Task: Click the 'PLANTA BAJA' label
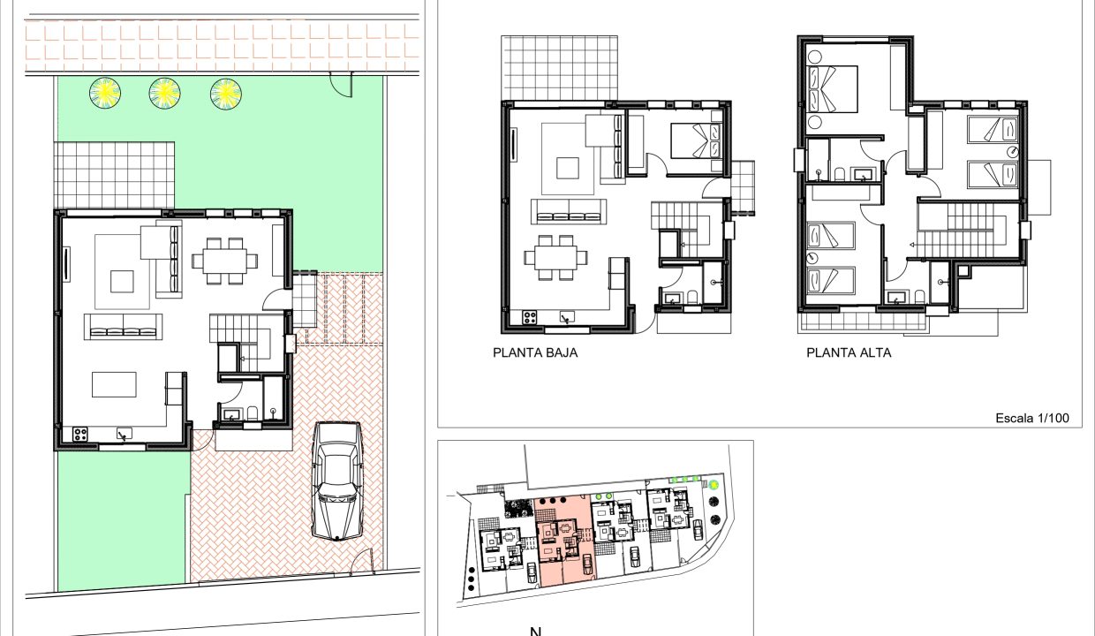pyautogui.click(x=535, y=353)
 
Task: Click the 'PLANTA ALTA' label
pyautogui.click(x=849, y=353)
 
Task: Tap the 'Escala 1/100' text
pyautogui.click(x=1032, y=418)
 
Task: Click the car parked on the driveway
pyautogui.click(x=336, y=481)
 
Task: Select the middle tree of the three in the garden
pyautogui.click(x=165, y=93)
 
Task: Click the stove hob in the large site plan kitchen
pyautogui.click(x=80, y=434)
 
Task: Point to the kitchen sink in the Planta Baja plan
pyautogui.click(x=567, y=317)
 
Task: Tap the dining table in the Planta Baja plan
pyautogui.click(x=555, y=258)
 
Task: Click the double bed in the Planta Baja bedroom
pyautogui.click(x=697, y=140)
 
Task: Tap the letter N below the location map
pyautogui.click(x=535, y=631)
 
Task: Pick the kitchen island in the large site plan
pyautogui.click(x=115, y=385)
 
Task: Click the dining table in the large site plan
pyautogui.click(x=225, y=261)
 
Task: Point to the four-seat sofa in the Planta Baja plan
pyautogui.click(x=569, y=212)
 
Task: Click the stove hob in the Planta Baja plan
pyautogui.click(x=530, y=317)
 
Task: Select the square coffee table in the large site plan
pyautogui.click(x=122, y=282)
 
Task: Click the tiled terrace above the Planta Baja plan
pyautogui.click(x=559, y=68)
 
